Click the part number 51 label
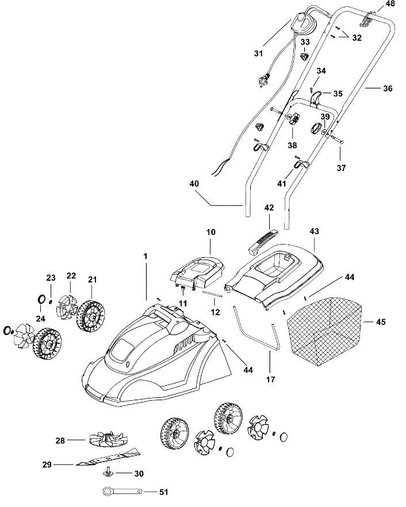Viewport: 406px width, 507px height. pyautogui.click(x=164, y=492)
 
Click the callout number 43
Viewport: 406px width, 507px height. pyautogui.click(x=314, y=231)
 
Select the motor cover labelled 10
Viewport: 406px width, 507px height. pyautogui.click(x=197, y=273)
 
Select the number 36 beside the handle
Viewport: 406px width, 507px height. pyautogui.click(x=388, y=88)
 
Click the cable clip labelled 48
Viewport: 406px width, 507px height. pyautogui.click(x=366, y=19)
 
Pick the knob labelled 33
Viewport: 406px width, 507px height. pyautogui.click(x=304, y=56)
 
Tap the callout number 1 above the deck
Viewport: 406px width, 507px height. pyautogui.click(x=145, y=256)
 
